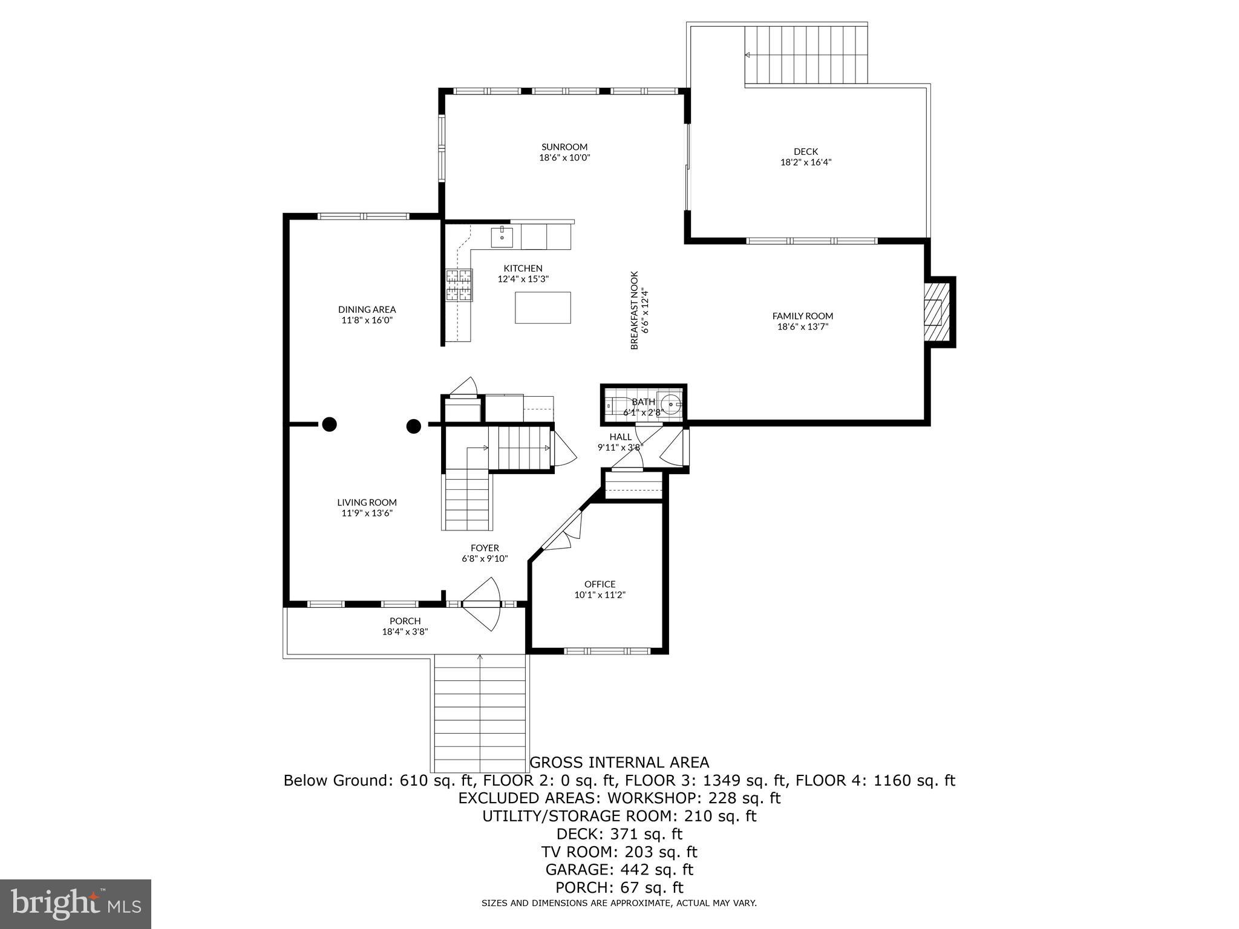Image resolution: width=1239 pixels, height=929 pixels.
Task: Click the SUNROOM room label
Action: click(564, 147)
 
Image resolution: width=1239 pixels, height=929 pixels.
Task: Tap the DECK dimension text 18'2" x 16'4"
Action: click(805, 162)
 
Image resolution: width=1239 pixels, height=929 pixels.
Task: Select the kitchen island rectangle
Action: click(543, 307)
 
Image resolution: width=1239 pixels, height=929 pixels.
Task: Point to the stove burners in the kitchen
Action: click(459, 285)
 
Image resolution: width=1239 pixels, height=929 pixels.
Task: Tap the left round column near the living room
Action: click(329, 425)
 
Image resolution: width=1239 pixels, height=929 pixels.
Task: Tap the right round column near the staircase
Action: click(413, 426)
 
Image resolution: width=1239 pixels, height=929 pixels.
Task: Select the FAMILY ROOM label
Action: click(802, 316)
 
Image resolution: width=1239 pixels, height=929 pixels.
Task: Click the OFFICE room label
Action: click(600, 584)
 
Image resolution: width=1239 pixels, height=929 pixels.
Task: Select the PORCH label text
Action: click(405, 621)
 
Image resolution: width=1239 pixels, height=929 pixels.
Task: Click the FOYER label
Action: click(485, 548)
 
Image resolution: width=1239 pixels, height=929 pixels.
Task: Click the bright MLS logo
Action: click(76, 904)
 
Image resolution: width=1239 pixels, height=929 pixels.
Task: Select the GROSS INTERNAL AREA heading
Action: click(619, 763)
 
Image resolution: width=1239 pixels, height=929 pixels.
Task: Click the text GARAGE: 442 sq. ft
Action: click(619, 870)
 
